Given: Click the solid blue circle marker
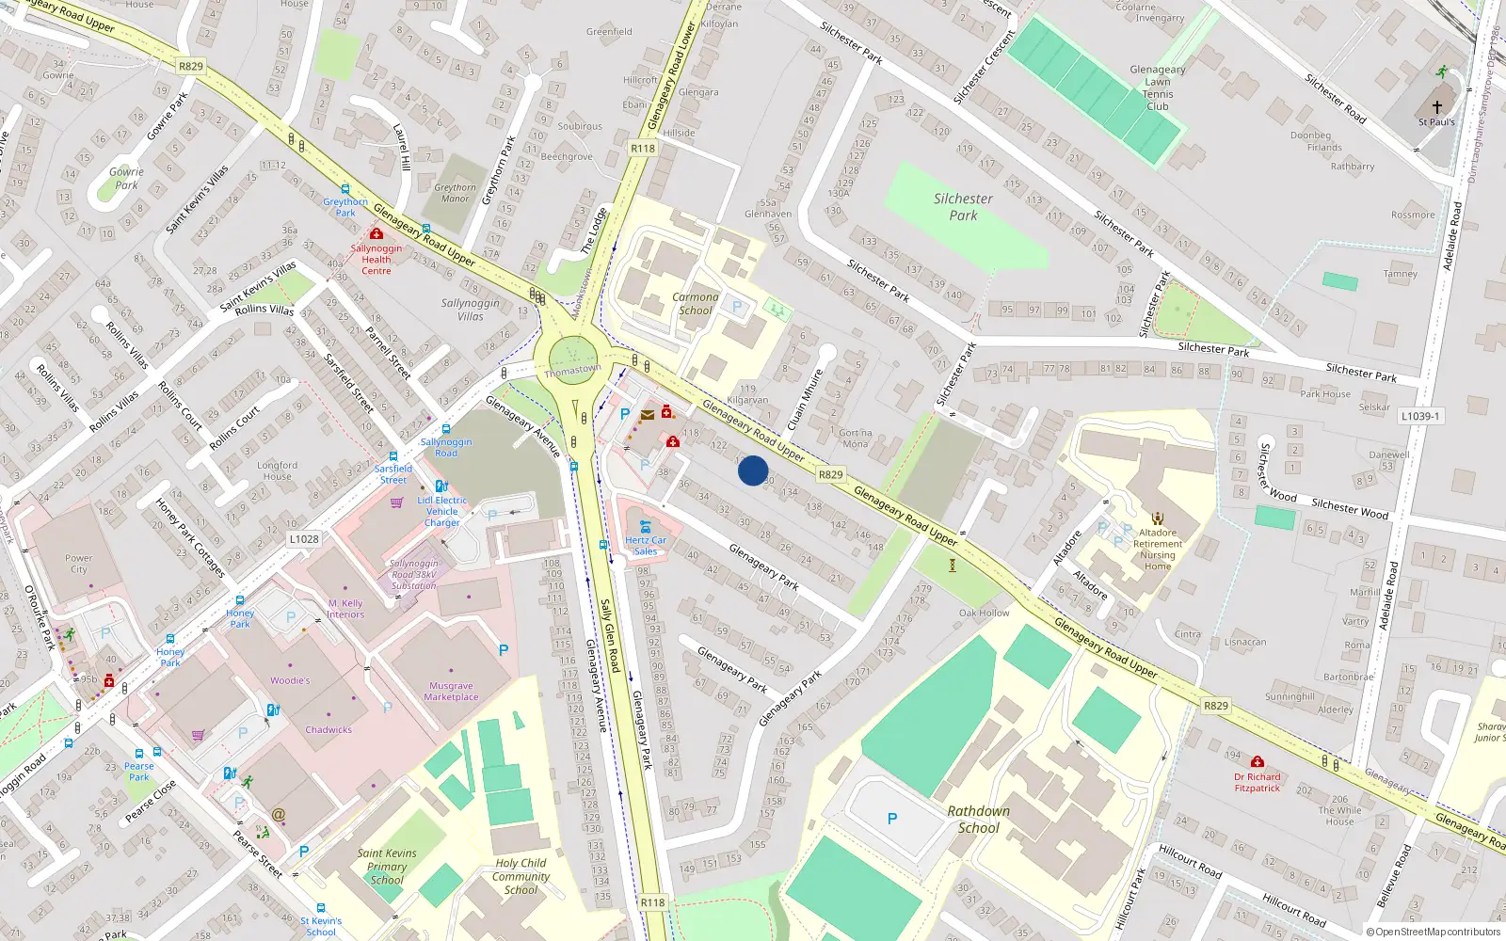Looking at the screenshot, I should click(753, 470).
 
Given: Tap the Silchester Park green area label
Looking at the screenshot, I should click(963, 207).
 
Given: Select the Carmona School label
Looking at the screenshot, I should click(696, 303).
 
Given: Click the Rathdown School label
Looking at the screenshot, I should click(979, 820).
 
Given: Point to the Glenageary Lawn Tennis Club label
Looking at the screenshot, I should click(1158, 88).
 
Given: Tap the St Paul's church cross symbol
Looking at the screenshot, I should click(1436, 107).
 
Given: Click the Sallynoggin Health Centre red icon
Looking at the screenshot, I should click(376, 233).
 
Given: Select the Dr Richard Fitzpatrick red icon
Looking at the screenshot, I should click(1258, 762).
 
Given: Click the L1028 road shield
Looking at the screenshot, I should click(304, 539).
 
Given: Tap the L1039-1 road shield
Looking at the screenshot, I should click(1420, 416).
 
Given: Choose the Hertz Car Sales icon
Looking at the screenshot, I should click(645, 526).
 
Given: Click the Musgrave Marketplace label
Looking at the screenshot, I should click(451, 692).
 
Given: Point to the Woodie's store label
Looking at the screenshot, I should click(290, 680).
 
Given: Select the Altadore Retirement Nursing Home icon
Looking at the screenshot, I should click(1158, 518).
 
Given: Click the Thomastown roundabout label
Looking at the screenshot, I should click(572, 370).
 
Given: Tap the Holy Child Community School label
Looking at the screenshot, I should click(521, 876).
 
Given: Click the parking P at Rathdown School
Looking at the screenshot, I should click(892, 819).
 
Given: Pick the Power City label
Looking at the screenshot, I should click(79, 564).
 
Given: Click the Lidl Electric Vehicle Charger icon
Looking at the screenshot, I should click(441, 486).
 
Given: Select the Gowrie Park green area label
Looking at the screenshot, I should click(126, 179).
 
